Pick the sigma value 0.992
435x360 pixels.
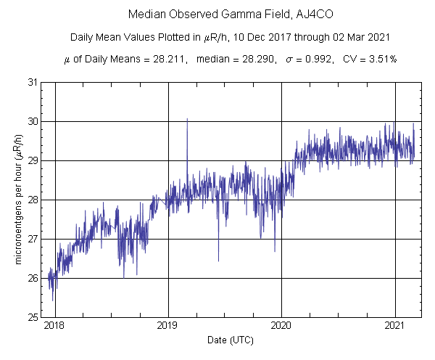[290, 60]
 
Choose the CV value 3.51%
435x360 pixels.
[353, 60]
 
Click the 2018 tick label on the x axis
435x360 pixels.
[54, 327]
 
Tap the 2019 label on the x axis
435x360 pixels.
[168, 327]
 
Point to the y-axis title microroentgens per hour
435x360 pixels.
[21, 200]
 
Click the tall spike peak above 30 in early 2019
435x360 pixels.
[187, 119]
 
